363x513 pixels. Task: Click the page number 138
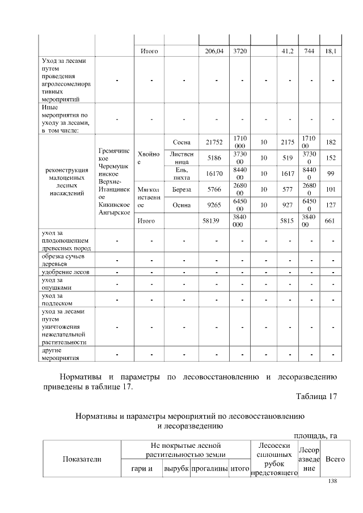[333, 481]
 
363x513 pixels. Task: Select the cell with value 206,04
[214, 51]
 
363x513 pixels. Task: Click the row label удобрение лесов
[63, 273]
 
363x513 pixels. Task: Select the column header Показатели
[78, 459]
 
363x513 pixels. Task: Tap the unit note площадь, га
[315, 435]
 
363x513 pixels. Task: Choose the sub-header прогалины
[209, 469]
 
